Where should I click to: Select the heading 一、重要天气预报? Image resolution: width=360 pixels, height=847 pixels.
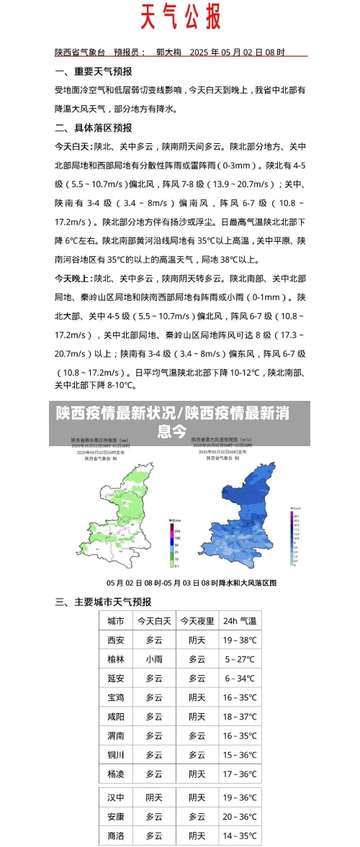93,72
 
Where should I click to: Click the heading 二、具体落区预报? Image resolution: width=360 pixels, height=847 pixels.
93,127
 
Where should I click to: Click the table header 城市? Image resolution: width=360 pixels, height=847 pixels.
115,620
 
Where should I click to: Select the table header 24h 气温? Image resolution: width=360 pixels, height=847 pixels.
240,620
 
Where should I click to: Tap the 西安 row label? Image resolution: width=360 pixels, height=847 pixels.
115,640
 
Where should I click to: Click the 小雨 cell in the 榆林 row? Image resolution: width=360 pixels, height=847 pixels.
154,659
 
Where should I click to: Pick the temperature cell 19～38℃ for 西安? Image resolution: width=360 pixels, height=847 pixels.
240,640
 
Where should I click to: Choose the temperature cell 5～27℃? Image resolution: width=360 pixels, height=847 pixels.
240,659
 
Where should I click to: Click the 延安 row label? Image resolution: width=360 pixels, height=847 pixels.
115,678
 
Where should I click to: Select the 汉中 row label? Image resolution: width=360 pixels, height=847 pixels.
115,797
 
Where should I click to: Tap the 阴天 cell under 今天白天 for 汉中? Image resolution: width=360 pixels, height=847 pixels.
154,797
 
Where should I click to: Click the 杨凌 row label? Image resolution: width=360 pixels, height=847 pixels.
115,774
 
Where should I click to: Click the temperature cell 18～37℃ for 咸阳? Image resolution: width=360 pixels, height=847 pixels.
240,717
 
